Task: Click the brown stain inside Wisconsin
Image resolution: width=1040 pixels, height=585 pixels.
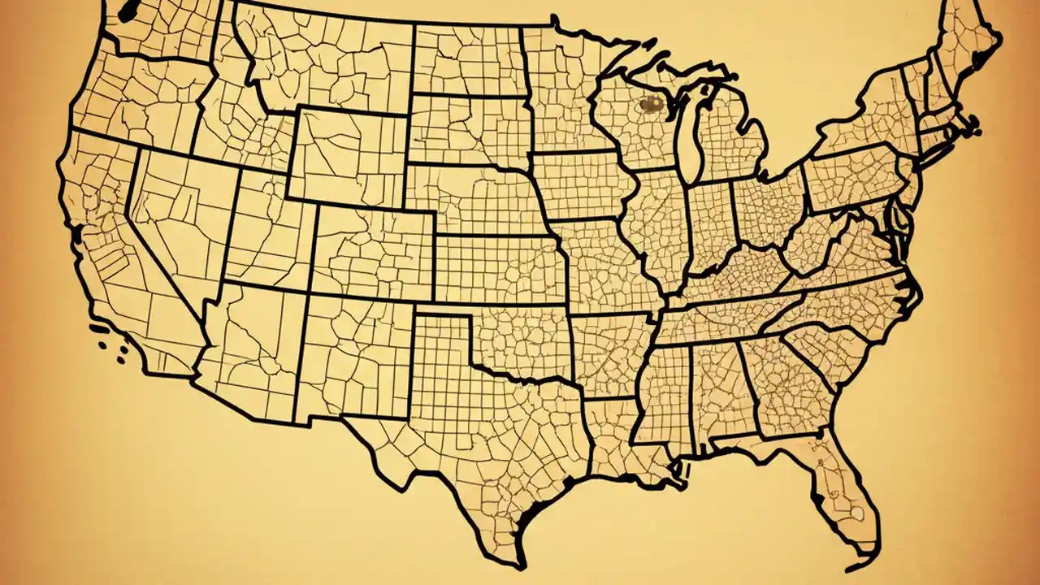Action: tap(650, 103)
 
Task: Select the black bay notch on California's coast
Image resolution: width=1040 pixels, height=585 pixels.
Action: tap(77, 236)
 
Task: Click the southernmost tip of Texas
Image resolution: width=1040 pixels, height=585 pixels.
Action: tap(520, 564)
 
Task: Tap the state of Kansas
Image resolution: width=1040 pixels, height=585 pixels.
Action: tap(496, 268)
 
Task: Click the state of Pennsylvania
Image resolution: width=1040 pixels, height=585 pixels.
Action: tap(853, 179)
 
